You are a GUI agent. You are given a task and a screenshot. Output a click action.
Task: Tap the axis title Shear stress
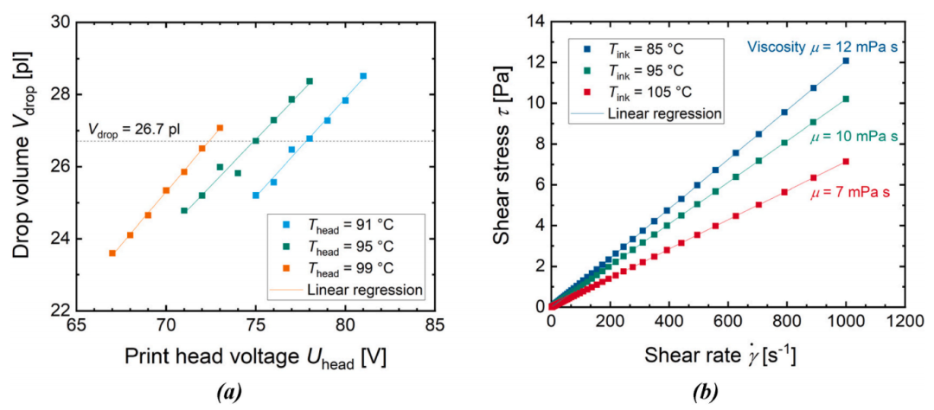pyautogui.click(x=504, y=163)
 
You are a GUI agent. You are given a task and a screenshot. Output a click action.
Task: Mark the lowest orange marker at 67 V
pyautogui.click(x=112, y=253)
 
